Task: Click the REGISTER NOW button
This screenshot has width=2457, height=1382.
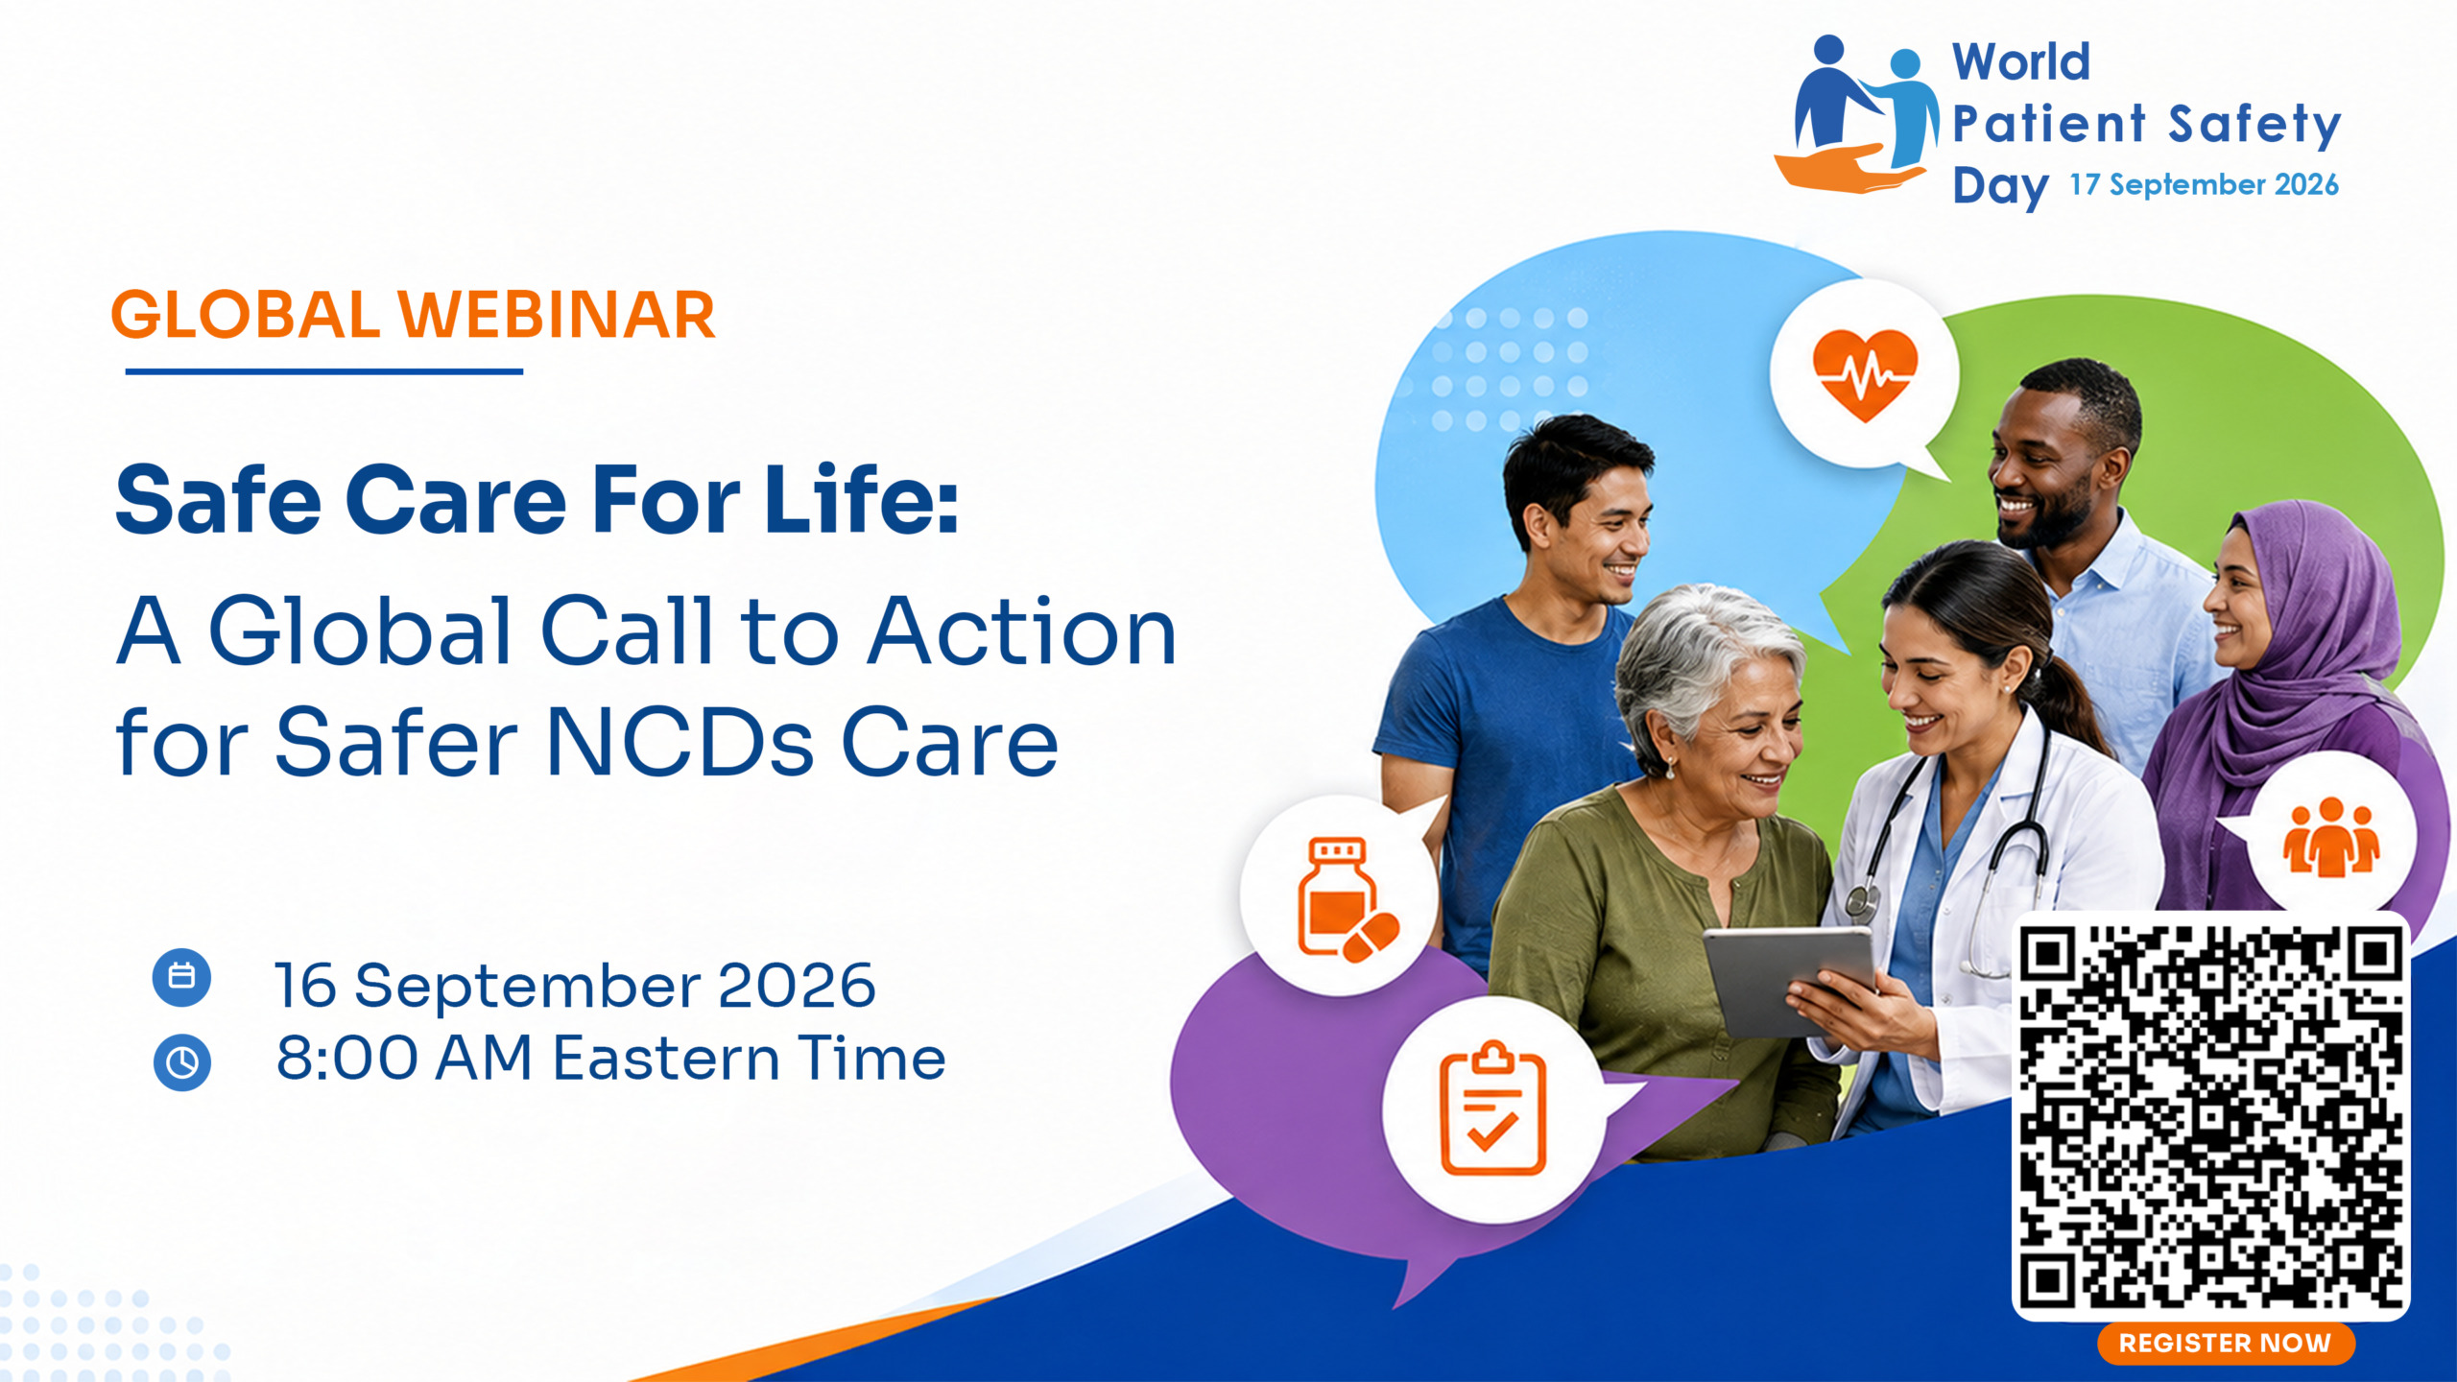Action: coord(2225,1343)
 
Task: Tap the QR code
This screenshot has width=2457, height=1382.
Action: coord(2210,1115)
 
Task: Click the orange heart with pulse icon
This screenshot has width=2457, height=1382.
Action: coord(1864,374)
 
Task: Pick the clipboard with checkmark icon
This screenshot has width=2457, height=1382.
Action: coord(1493,1108)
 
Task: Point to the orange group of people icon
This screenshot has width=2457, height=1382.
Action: coord(2331,837)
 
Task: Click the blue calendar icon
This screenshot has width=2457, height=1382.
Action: coord(181,977)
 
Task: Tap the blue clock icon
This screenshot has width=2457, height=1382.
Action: coord(181,1062)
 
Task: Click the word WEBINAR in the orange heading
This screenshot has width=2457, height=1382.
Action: coord(557,315)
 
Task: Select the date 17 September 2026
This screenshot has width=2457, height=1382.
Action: coord(2204,184)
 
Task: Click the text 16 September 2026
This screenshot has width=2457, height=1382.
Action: coord(575,985)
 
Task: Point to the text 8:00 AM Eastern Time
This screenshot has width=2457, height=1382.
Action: coord(610,1059)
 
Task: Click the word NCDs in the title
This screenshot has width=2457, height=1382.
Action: coord(680,742)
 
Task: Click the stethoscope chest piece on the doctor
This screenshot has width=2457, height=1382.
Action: coord(1862,903)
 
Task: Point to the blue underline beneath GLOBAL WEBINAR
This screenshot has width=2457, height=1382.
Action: coord(324,371)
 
